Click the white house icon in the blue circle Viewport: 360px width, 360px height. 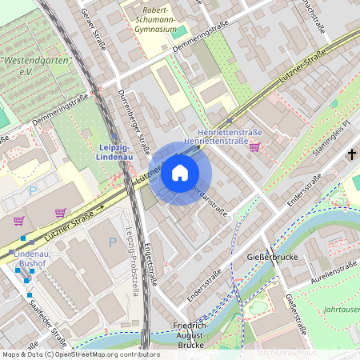pyautogui.click(x=180, y=173)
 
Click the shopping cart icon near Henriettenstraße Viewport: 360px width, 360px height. pyautogui.click(x=254, y=146)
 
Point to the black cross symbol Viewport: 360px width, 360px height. pyautogui.click(x=350, y=151)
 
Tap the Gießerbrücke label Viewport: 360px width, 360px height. pyautogui.click(x=274, y=258)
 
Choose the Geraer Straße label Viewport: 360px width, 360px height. pyautogui.click(x=94, y=30)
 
